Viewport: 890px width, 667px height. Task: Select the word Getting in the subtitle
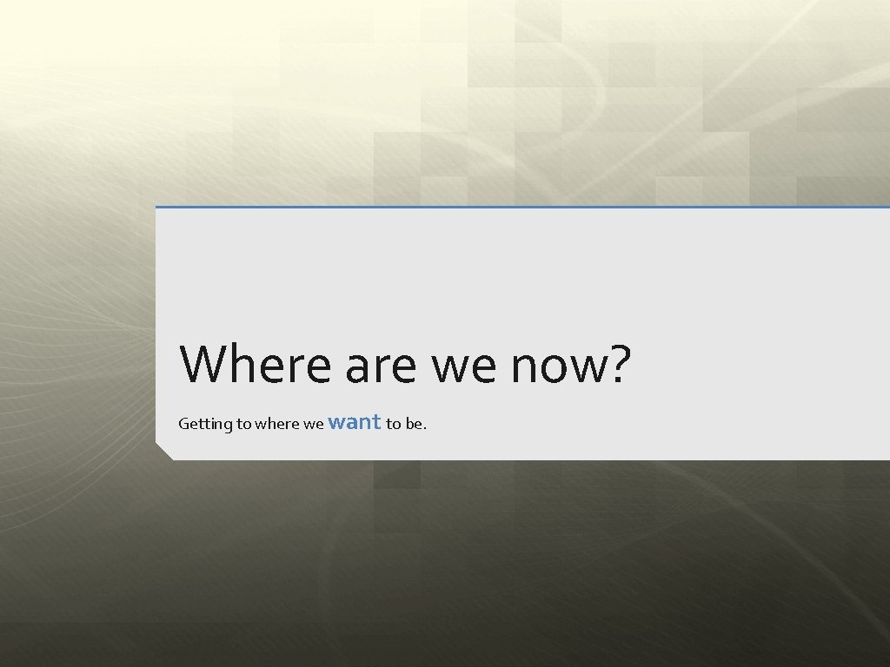[x=205, y=424]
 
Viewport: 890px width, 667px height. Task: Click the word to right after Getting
[x=243, y=424]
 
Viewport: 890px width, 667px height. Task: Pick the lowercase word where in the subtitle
[x=276, y=424]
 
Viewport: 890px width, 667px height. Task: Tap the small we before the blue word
[x=314, y=424]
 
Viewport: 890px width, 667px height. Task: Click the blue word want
[x=355, y=422]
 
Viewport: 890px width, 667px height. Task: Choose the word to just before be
[x=394, y=424]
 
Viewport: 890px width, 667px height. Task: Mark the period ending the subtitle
[x=425, y=428]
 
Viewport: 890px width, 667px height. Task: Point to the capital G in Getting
[x=183, y=424]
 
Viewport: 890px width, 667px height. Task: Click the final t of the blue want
[x=376, y=422]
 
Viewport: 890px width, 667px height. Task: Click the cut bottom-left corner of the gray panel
[x=163, y=452]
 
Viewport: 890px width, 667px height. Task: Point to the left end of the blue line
[x=157, y=207]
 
